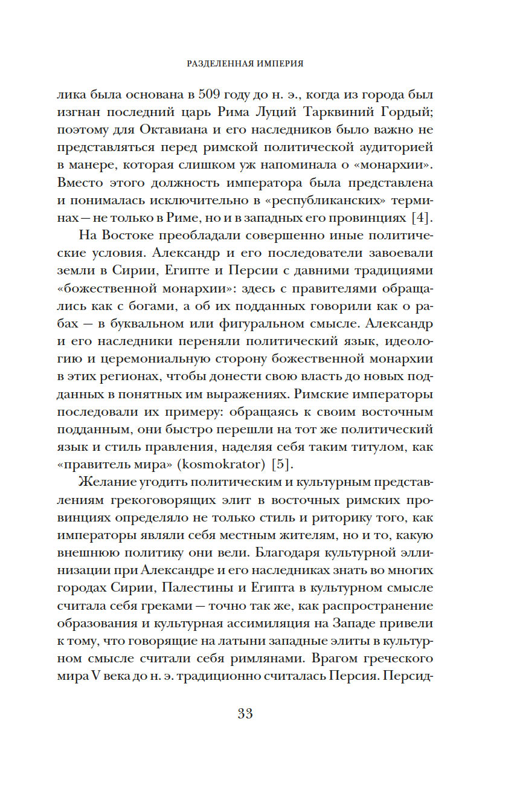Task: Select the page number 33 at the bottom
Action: pos(245,714)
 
